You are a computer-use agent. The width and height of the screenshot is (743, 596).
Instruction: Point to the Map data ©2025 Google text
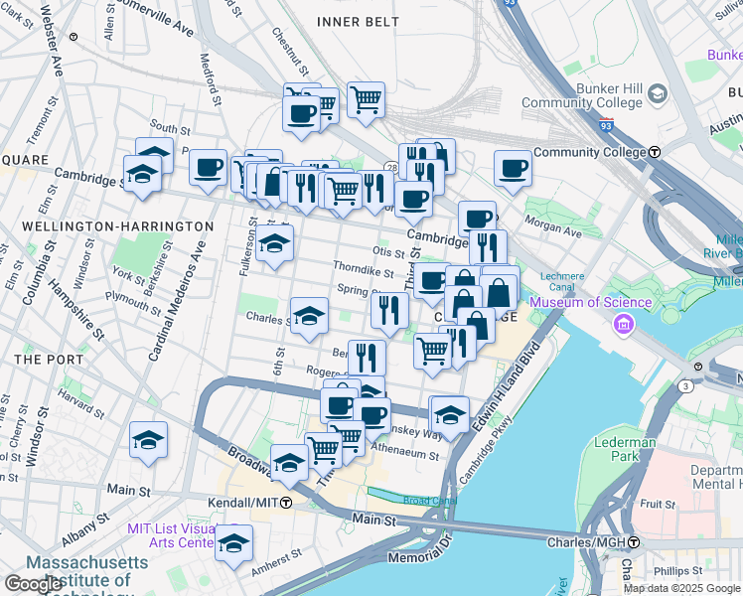pos(680,588)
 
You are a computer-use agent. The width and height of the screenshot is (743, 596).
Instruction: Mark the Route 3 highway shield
pos(685,384)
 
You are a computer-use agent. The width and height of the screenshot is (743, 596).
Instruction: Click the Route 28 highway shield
pos(392,168)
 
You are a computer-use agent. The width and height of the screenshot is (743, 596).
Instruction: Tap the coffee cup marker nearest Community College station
pos(513,167)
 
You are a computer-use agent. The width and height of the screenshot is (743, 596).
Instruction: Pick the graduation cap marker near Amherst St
pos(233,543)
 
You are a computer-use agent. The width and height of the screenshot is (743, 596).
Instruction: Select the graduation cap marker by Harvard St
pos(148,439)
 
